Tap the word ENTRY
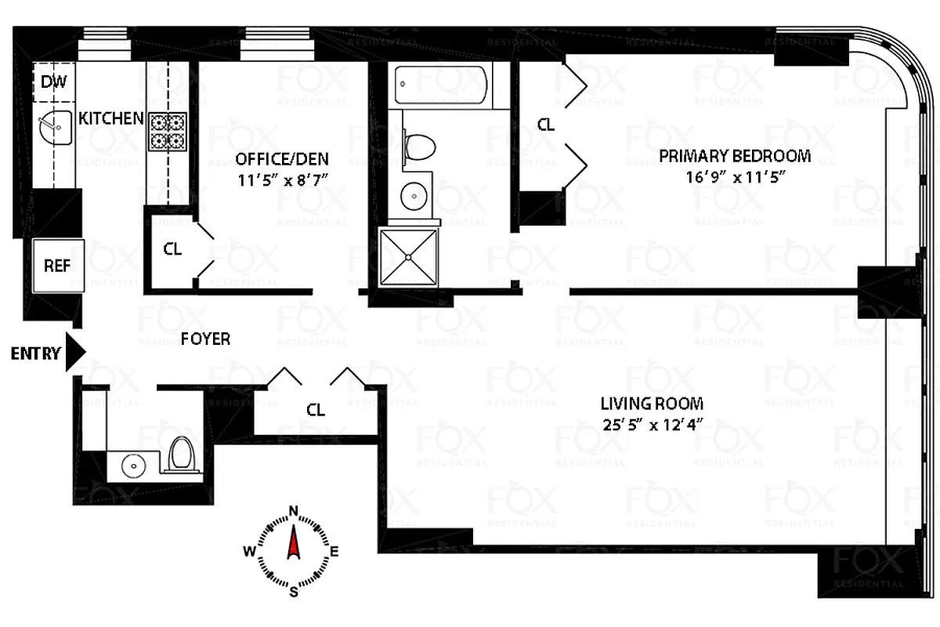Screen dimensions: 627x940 [x=35, y=353]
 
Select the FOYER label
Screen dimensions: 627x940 [x=205, y=339]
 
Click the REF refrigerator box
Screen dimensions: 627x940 [x=56, y=266]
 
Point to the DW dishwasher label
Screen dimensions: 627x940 [x=53, y=82]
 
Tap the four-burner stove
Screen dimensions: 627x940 [x=168, y=131]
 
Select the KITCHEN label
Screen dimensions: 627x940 [x=111, y=118]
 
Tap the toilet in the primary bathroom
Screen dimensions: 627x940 [x=421, y=147]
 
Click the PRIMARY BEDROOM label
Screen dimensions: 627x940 [x=734, y=155]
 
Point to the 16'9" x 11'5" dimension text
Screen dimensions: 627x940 [x=734, y=176]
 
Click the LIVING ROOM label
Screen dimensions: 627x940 [x=652, y=404]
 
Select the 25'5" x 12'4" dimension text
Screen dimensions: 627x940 [x=652, y=425]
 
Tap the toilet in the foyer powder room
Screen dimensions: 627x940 [x=182, y=456]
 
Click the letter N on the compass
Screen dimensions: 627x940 [x=295, y=513]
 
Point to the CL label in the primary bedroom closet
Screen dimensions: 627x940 [x=545, y=124]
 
